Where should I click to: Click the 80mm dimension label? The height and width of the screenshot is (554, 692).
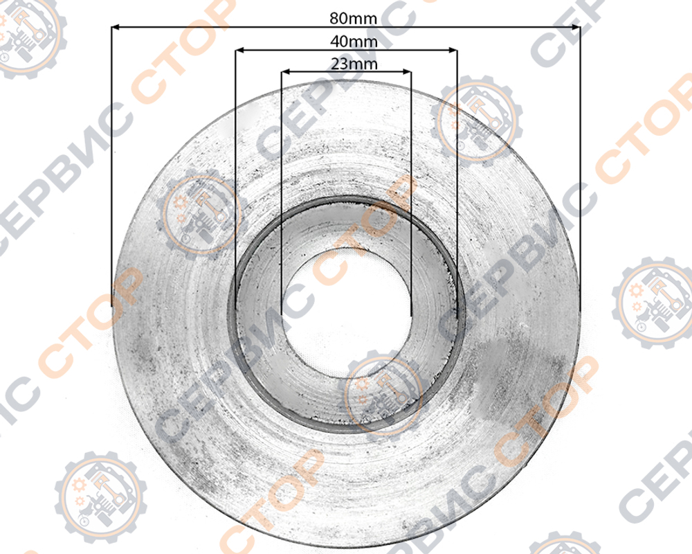tap(353, 19)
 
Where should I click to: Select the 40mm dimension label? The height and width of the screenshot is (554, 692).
tap(354, 42)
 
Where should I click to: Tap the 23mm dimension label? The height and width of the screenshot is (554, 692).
tap(354, 64)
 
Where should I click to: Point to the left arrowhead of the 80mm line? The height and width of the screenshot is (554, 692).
tap(115, 28)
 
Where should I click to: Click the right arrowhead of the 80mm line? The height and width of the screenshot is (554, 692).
tap(576, 28)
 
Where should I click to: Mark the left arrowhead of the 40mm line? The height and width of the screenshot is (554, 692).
tap(239, 51)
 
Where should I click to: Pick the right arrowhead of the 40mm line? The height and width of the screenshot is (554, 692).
tap(453, 51)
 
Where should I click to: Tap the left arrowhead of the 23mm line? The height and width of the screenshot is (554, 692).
tap(286, 71)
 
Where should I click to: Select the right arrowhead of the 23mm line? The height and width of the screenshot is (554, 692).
tap(407, 71)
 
